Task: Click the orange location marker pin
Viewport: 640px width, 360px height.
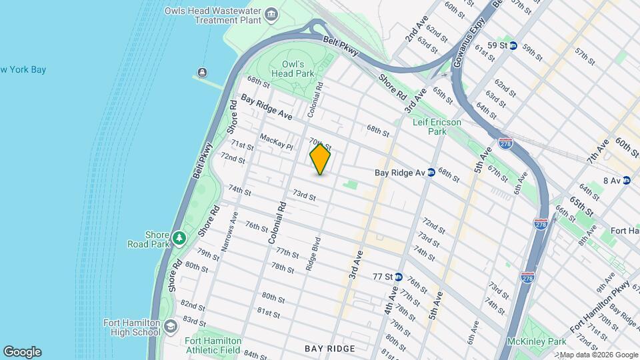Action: point(320,159)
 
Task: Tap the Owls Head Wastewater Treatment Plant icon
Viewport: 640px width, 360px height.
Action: point(271,15)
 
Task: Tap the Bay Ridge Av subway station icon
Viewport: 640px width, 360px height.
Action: point(431,172)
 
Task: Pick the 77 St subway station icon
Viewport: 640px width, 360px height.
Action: point(398,277)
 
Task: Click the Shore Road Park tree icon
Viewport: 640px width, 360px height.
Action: point(178,238)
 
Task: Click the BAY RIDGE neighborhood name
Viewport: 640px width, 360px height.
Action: point(330,349)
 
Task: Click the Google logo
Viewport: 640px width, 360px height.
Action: point(22,352)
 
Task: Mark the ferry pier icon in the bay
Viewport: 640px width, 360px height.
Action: point(202,72)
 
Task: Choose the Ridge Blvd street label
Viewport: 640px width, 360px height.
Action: point(313,253)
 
